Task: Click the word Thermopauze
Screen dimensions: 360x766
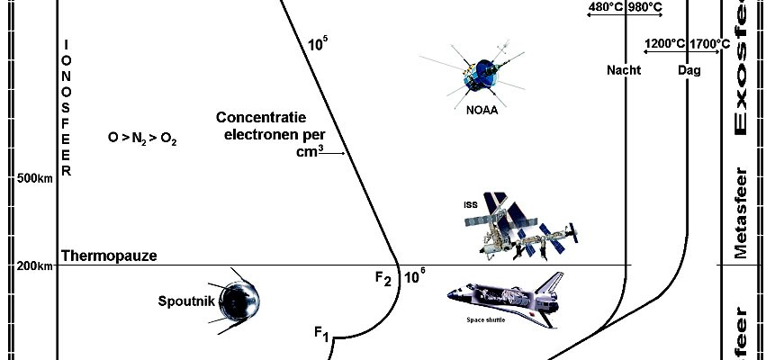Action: (x=109, y=256)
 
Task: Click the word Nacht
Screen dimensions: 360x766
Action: (x=624, y=70)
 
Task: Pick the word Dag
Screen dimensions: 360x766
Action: (x=689, y=70)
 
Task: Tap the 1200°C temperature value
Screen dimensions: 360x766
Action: (x=664, y=42)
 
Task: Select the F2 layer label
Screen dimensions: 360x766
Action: (x=383, y=278)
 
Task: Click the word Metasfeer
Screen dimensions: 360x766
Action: (x=741, y=212)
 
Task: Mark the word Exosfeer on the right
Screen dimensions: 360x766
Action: (x=743, y=67)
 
